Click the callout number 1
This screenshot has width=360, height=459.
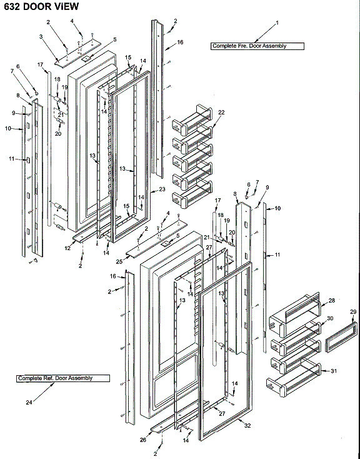(277, 23)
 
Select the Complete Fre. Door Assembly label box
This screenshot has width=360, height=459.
(256, 46)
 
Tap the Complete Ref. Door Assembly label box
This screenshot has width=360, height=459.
(62, 378)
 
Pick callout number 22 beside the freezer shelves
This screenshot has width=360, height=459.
(221, 112)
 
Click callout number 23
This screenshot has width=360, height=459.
(162, 189)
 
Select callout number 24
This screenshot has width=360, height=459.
(28, 403)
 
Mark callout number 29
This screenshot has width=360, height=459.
(352, 311)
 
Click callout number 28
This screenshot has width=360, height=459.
(331, 301)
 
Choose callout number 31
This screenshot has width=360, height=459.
(334, 371)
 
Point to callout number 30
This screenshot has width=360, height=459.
(331, 318)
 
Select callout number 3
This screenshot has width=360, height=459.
(41, 37)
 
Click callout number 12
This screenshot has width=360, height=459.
(66, 248)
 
